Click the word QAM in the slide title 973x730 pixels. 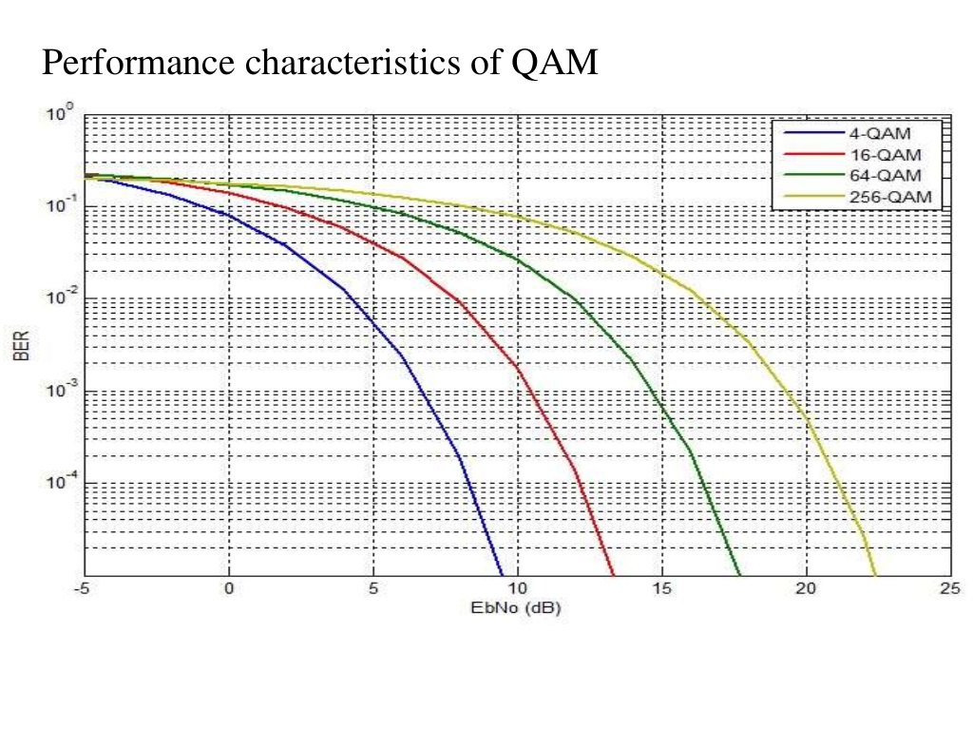pos(555,64)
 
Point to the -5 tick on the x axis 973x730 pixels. pos(84,589)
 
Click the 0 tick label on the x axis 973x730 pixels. pos(229,589)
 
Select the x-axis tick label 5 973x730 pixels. pos(373,589)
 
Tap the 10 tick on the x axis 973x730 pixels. pos(517,589)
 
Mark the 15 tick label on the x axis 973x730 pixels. pos(661,589)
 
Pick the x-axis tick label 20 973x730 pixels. pos(806,589)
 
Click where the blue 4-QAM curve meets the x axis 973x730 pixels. pos(502,575)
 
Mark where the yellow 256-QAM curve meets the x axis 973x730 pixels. pos(876,575)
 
